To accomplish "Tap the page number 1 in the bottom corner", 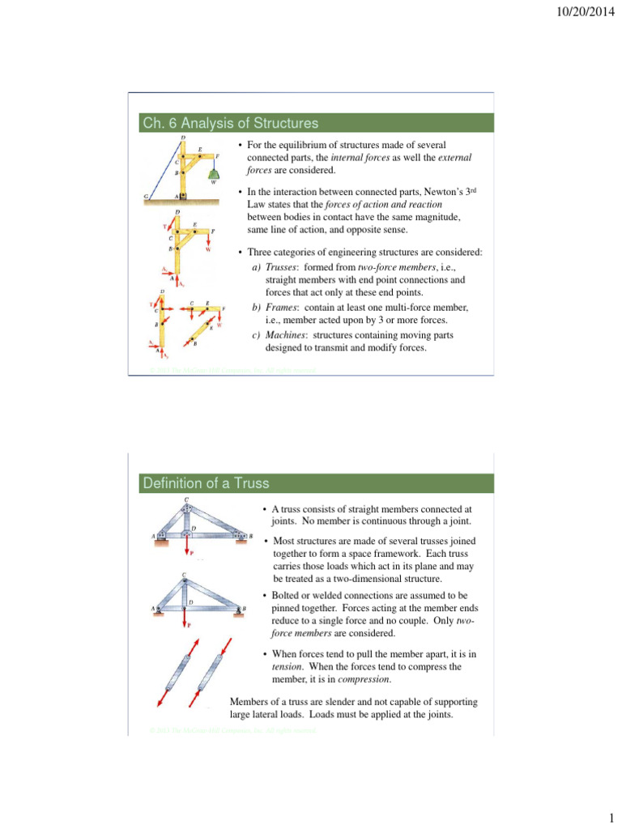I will (609, 818).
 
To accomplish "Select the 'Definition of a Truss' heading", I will (206, 483).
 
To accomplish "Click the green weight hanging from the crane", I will (214, 172).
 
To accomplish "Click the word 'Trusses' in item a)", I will (286, 268).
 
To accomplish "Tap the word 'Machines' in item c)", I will (289, 334).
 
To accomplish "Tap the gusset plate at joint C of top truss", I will (187, 509).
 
